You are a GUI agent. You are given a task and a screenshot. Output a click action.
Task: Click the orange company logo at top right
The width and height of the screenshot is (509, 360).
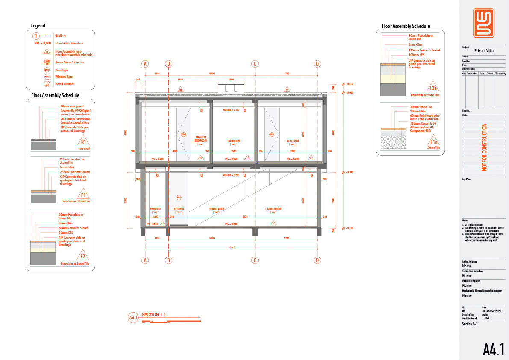click(484, 23)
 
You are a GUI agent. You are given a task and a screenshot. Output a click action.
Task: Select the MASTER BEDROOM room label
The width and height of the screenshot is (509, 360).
click(200, 139)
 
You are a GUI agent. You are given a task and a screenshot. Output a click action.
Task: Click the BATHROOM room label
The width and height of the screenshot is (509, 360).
click(233, 141)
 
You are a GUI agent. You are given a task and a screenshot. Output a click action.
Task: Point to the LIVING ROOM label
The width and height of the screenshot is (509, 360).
click(274, 209)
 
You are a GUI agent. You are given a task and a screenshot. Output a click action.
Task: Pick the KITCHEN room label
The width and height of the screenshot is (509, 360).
click(179, 209)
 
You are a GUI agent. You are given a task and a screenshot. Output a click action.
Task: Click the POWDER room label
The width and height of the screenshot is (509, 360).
click(155, 209)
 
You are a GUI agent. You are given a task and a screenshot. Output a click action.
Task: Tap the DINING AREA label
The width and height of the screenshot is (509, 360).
click(217, 209)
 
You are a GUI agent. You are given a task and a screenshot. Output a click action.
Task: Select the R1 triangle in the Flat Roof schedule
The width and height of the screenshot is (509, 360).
click(84, 142)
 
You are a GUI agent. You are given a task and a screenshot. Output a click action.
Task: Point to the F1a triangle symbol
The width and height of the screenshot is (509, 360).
click(433, 142)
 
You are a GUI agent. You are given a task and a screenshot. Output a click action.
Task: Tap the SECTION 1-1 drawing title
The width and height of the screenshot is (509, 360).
click(153, 315)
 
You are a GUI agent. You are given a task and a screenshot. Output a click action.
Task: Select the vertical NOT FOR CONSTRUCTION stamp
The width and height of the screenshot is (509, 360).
click(484, 147)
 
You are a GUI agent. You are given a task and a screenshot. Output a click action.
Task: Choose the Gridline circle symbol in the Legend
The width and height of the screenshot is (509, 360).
click(37, 36)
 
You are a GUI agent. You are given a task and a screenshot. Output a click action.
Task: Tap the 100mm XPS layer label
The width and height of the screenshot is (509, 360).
click(416, 55)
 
